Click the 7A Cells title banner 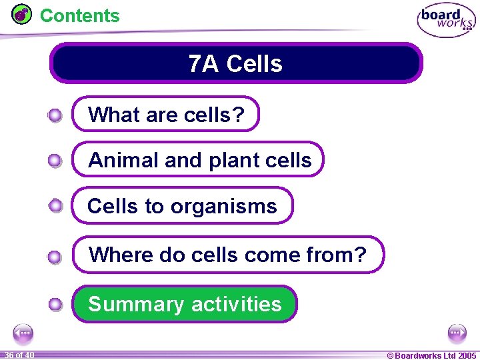pyautogui.click(x=236, y=64)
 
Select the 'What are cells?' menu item pyautogui.click(x=165, y=115)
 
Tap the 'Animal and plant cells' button pyautogui.click(x=199, y=160)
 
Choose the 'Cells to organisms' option pyautogui.click(x=182, y=206)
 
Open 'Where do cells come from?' pyautogui.click(x=228, y=254)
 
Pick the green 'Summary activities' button pyautogui.click(x=185, y=304)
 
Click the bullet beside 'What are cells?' pyautogui.click(x=55, y=116)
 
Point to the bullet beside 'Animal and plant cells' pyautogui.click(x=55, y=161)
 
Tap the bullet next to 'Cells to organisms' pyautogui.click(x=55, y=206)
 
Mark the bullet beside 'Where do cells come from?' pyautogui.click(x=55, y=256)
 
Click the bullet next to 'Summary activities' pyautogui.click(x=55, y=305)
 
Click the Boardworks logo pyautogui.click(x=446, y=20)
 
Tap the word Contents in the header pyautogui.click(x=80, y=15)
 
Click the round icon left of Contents pyautogui.click(x=22, y=14)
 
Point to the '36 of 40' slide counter pyautogui.click(x=19, y=355)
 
